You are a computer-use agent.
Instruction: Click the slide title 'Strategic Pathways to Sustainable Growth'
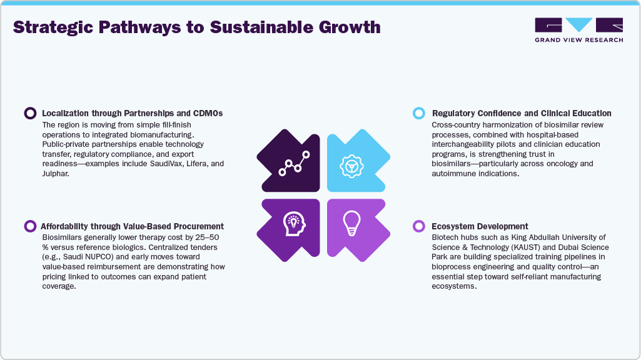coord(196,27)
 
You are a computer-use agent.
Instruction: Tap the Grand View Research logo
coord(578,29)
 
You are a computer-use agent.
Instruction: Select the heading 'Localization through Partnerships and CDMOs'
coord(132,113)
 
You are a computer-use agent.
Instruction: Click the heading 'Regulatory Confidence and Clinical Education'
coord(522,113)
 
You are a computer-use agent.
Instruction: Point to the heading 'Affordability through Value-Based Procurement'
coord(132,226)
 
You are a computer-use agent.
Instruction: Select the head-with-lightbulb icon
coord(293,222)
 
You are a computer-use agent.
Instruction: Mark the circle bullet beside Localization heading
coord(29,113)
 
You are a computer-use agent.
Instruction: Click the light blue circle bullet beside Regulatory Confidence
coord(419,113)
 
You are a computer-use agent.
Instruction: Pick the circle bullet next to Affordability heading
coord(29,226)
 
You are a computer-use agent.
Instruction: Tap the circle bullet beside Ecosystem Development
coord(419,226)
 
